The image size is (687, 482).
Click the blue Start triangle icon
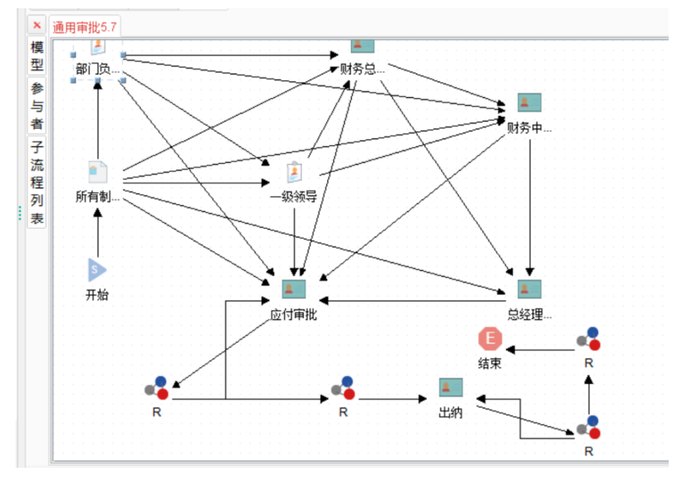point(97,270)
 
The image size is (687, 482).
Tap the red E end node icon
point(490,339)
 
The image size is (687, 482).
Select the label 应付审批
point(293,314)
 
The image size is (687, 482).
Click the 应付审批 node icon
point(294,289)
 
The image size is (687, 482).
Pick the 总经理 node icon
point(529,289)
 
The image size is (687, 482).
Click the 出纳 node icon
point(451,387)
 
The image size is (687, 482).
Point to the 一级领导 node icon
point(295,172)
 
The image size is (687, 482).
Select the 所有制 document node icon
point(98,172)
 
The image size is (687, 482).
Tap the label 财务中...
point(529,128)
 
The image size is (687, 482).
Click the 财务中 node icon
point(529,102)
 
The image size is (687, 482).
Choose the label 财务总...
point(363,69)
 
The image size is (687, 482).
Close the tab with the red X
point(38,25)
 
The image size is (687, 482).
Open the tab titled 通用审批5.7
point(85,27)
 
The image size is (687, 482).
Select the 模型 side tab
point(37,55)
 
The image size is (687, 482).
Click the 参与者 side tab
point(37,106)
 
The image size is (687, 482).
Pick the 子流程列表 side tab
point(37,182)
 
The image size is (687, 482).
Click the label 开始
point(97,294)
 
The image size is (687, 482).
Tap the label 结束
point(490,363)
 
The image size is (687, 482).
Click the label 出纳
point(450,413)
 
